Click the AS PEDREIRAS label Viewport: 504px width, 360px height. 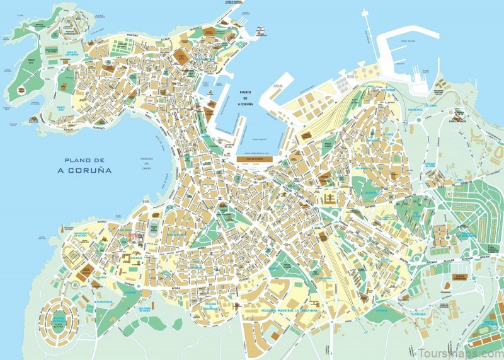click(x=104, y=302)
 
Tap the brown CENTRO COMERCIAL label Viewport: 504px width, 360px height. click(x=463, y=277)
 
